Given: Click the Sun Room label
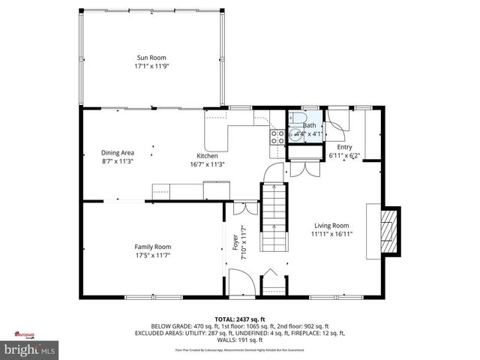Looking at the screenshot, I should (151, 58).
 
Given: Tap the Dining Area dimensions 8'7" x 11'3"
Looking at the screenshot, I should (117, 160).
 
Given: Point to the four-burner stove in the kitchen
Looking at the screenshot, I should (277, 136).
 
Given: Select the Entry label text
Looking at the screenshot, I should (344, 147).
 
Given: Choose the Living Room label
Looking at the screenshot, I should (331, 225).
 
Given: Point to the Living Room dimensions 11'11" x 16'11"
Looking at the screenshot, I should (331, 233).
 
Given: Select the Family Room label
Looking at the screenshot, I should (152, 247).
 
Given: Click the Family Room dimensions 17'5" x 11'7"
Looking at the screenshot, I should (152, 255).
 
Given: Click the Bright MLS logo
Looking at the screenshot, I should (29, 349).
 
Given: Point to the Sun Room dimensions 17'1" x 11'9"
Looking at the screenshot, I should (151, 66).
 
